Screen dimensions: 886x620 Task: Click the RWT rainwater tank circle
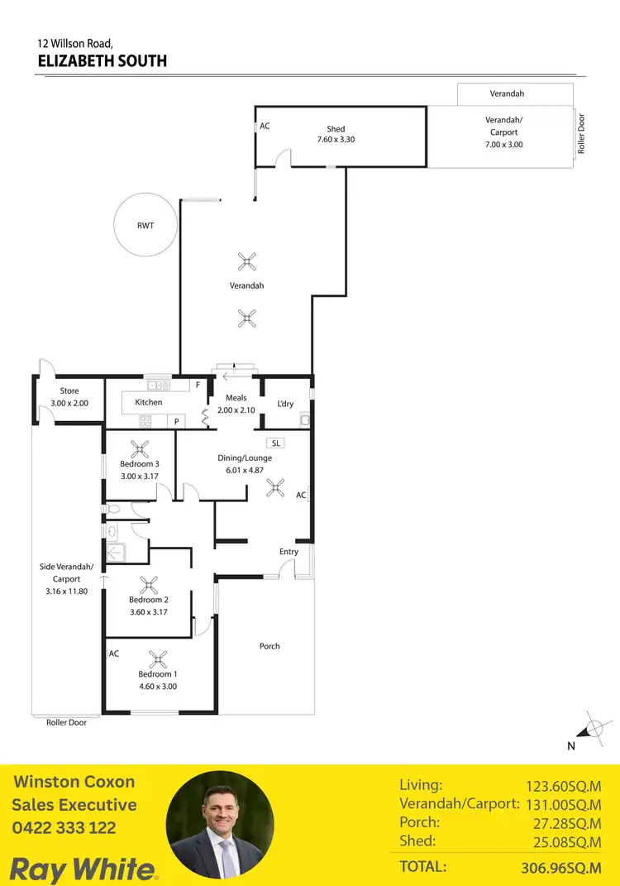point(146,225)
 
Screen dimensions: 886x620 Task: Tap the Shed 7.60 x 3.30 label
point(336,134)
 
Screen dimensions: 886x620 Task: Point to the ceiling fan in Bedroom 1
point(157,659)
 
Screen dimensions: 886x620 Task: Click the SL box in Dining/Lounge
point(276,443)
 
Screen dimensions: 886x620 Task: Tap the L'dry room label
point(285,404)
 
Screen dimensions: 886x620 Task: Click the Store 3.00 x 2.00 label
point(68,397)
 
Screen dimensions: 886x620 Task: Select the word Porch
point(269,646)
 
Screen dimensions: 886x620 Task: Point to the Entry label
point(289,552)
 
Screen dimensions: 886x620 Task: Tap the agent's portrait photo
point(220,825)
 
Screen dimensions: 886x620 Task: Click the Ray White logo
point(83,869)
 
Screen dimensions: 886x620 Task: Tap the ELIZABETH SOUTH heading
point(103,60)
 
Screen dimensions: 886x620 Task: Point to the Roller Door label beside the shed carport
point(582,134)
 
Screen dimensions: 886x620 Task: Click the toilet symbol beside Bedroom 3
point(112,509)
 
